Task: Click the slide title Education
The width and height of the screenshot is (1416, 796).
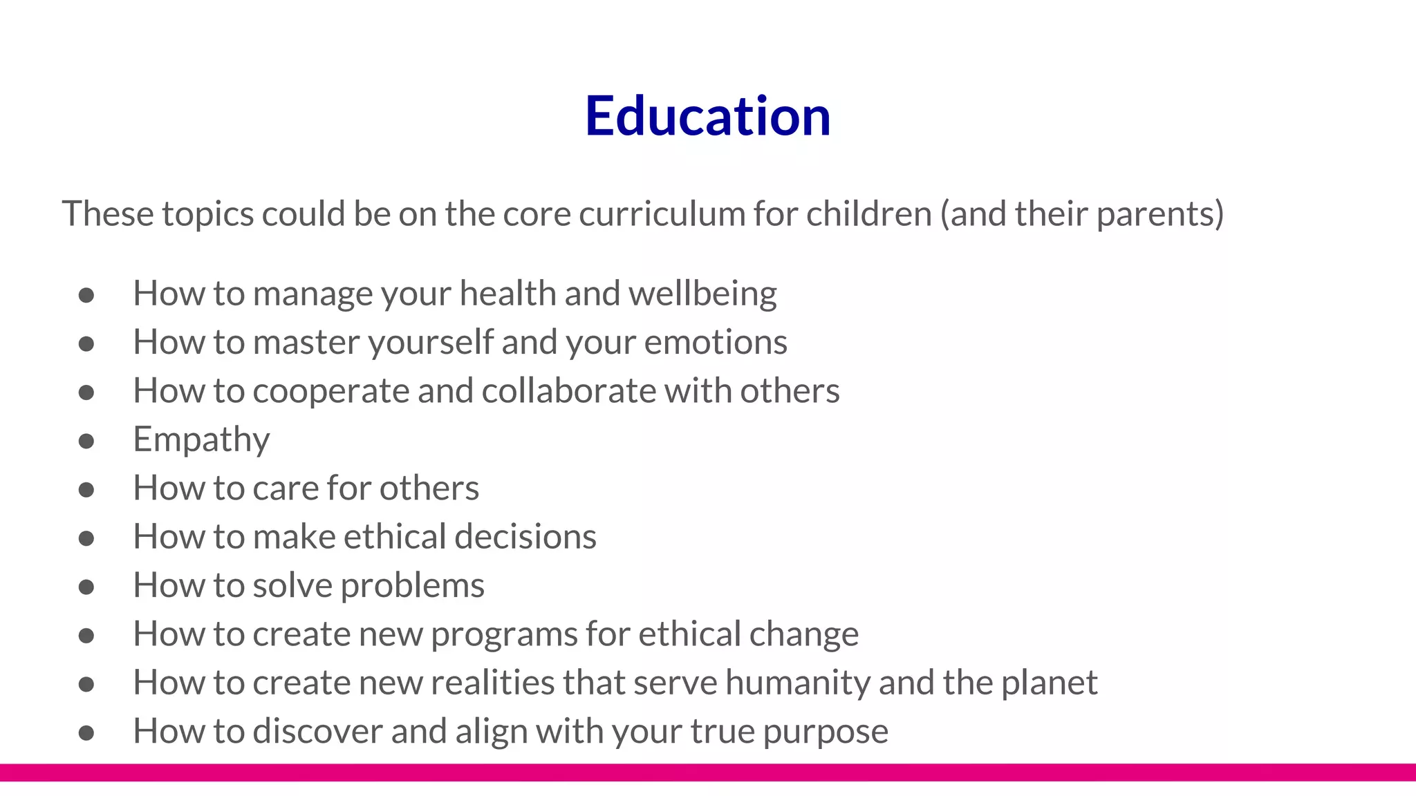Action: click(x=707, y=115)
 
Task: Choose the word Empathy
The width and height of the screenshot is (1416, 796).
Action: click(x=201, y=440)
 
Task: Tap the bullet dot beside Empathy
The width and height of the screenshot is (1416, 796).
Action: click(x=86, y=441)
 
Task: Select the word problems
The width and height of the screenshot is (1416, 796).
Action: click(x=412, y=586)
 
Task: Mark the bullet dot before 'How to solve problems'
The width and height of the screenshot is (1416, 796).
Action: click(x=86, y=587)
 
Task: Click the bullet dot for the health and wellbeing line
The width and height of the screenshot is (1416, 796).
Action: click(x=86, y=295)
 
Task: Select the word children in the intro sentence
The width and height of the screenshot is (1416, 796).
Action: click(x=868, y=214)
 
